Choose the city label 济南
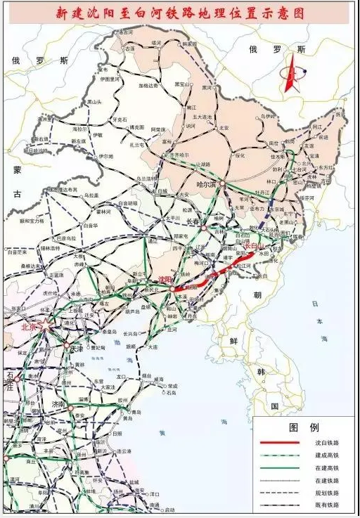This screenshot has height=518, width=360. (x=58, y=406)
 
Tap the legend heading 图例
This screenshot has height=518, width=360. (x=304, y=427)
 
